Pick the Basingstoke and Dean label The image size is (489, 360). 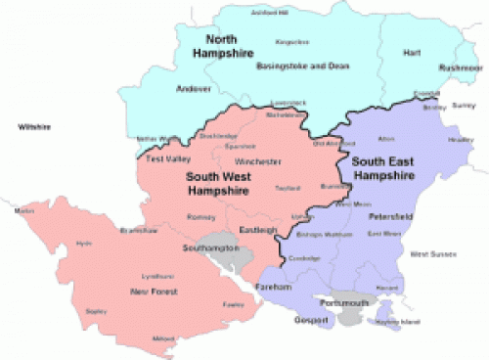289,67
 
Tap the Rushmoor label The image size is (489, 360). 460,67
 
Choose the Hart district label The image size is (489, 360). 412,53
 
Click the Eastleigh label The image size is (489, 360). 258,230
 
